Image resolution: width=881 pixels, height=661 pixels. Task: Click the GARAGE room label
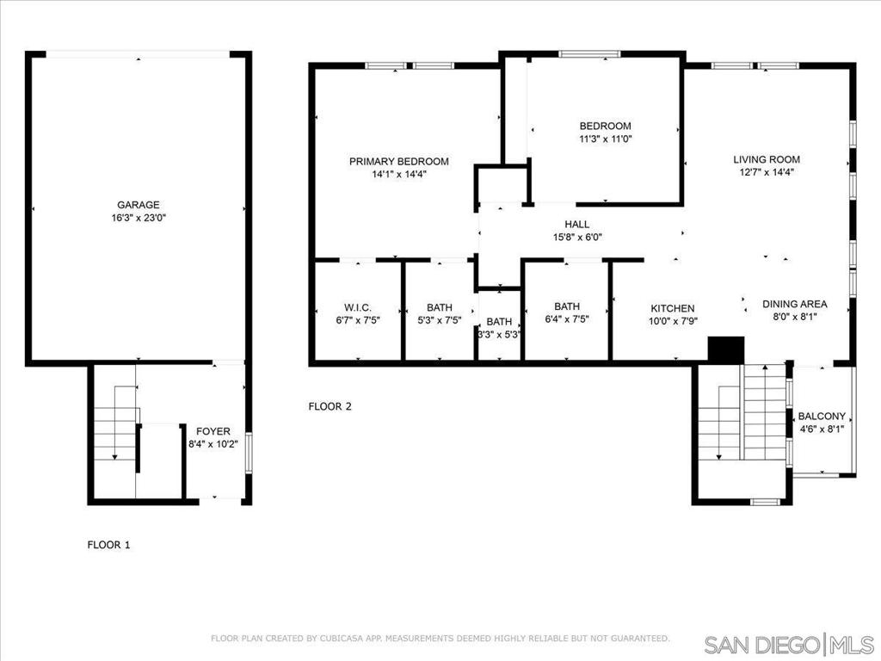[139, 205]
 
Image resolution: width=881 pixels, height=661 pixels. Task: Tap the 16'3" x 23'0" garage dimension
[139, 218]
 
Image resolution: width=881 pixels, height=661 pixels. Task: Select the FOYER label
[213, 432]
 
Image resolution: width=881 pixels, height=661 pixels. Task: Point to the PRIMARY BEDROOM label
[399, 162]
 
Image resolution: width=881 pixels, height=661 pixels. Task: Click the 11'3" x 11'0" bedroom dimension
[606, 139]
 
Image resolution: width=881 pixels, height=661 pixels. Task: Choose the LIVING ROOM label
[767, 159]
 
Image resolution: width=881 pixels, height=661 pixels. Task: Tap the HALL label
[577, 225]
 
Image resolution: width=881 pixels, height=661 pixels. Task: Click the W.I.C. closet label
[358, 307]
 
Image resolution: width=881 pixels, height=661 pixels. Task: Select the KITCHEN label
[673, 309]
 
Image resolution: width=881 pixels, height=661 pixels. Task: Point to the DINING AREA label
[794, 304]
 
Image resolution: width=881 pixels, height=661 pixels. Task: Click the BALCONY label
[822, 417]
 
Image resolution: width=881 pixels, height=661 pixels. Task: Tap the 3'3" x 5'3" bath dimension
[499, 335]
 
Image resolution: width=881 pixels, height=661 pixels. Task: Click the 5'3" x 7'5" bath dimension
[440, 320]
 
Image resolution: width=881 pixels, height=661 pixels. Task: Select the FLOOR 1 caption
[109, 545]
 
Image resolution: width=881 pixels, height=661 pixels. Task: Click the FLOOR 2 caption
[330, 406]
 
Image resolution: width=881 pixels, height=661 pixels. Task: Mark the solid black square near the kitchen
[726, 350]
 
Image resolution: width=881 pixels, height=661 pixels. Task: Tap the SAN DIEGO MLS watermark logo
[789, 644]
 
